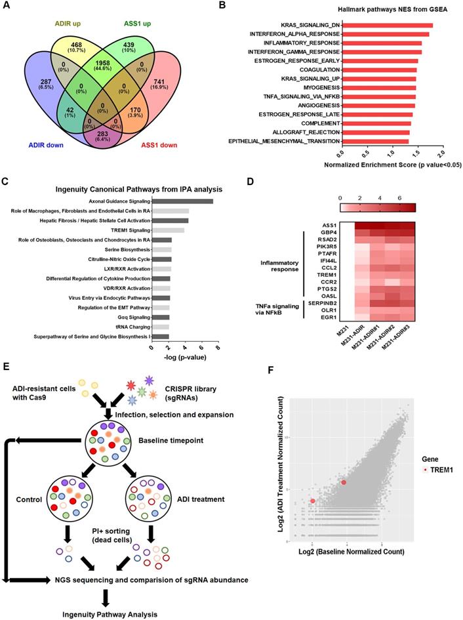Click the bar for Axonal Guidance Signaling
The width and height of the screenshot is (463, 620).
coord(183,201)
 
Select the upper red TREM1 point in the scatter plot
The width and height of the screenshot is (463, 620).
coord(343,482)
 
